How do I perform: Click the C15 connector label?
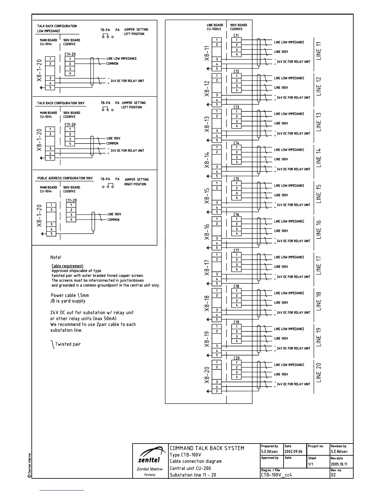[x=237, y=179]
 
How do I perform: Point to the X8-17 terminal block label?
[x=207, y=267]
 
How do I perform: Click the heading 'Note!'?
[x=56, y=257]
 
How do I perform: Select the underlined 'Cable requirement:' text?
[x=68, y=266]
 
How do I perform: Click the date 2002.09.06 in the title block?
[x=293, y=452]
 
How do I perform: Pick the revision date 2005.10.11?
[x=339, y=464]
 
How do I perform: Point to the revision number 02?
[x=333, y=475]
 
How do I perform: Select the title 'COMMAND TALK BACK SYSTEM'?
[x=207, y=448]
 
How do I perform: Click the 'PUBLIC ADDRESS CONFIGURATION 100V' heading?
[x=65, y=178]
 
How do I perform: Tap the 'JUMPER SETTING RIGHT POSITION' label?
[x=136, y=182]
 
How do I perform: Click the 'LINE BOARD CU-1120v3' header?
[x=215, y=27]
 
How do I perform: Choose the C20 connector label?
[x=237, y=358]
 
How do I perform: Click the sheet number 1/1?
[x=311, y=464]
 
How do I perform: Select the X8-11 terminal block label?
[x=207, y=53]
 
